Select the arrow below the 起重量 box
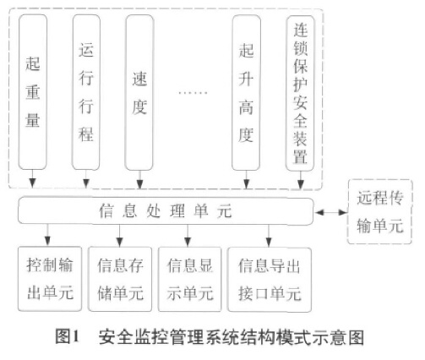[33, 180]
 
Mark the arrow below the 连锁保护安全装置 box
[302, 180]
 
